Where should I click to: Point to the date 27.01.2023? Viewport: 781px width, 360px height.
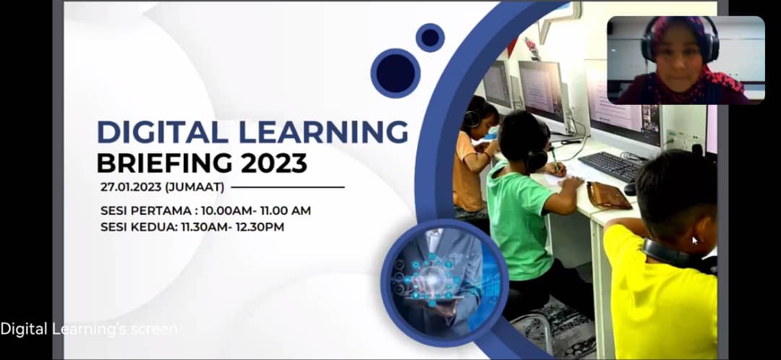[x=131, y=187]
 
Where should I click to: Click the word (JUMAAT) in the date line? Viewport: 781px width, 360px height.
[x=195, y=187]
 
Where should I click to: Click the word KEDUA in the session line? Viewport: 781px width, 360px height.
[x=153, y=227]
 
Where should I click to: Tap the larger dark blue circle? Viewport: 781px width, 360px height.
[x=396, y=73]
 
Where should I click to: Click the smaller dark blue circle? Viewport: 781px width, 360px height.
[x=430, y=38]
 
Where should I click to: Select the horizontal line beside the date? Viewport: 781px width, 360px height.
[x=288, y=187]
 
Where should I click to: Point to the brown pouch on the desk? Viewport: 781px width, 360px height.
[x=607, y=195]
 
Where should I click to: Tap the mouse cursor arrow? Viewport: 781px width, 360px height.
[x=695, y=241]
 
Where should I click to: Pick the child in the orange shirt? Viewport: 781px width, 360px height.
[x=472, y=159]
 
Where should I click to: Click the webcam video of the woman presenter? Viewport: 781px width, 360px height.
[x=686, y=60]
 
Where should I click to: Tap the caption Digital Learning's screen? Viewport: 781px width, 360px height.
[x=89, y=329]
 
